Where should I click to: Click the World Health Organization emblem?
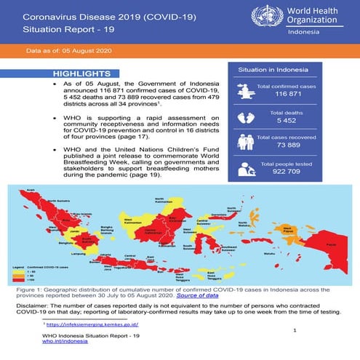pos(263,17)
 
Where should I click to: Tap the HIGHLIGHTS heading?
pos(77,75)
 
